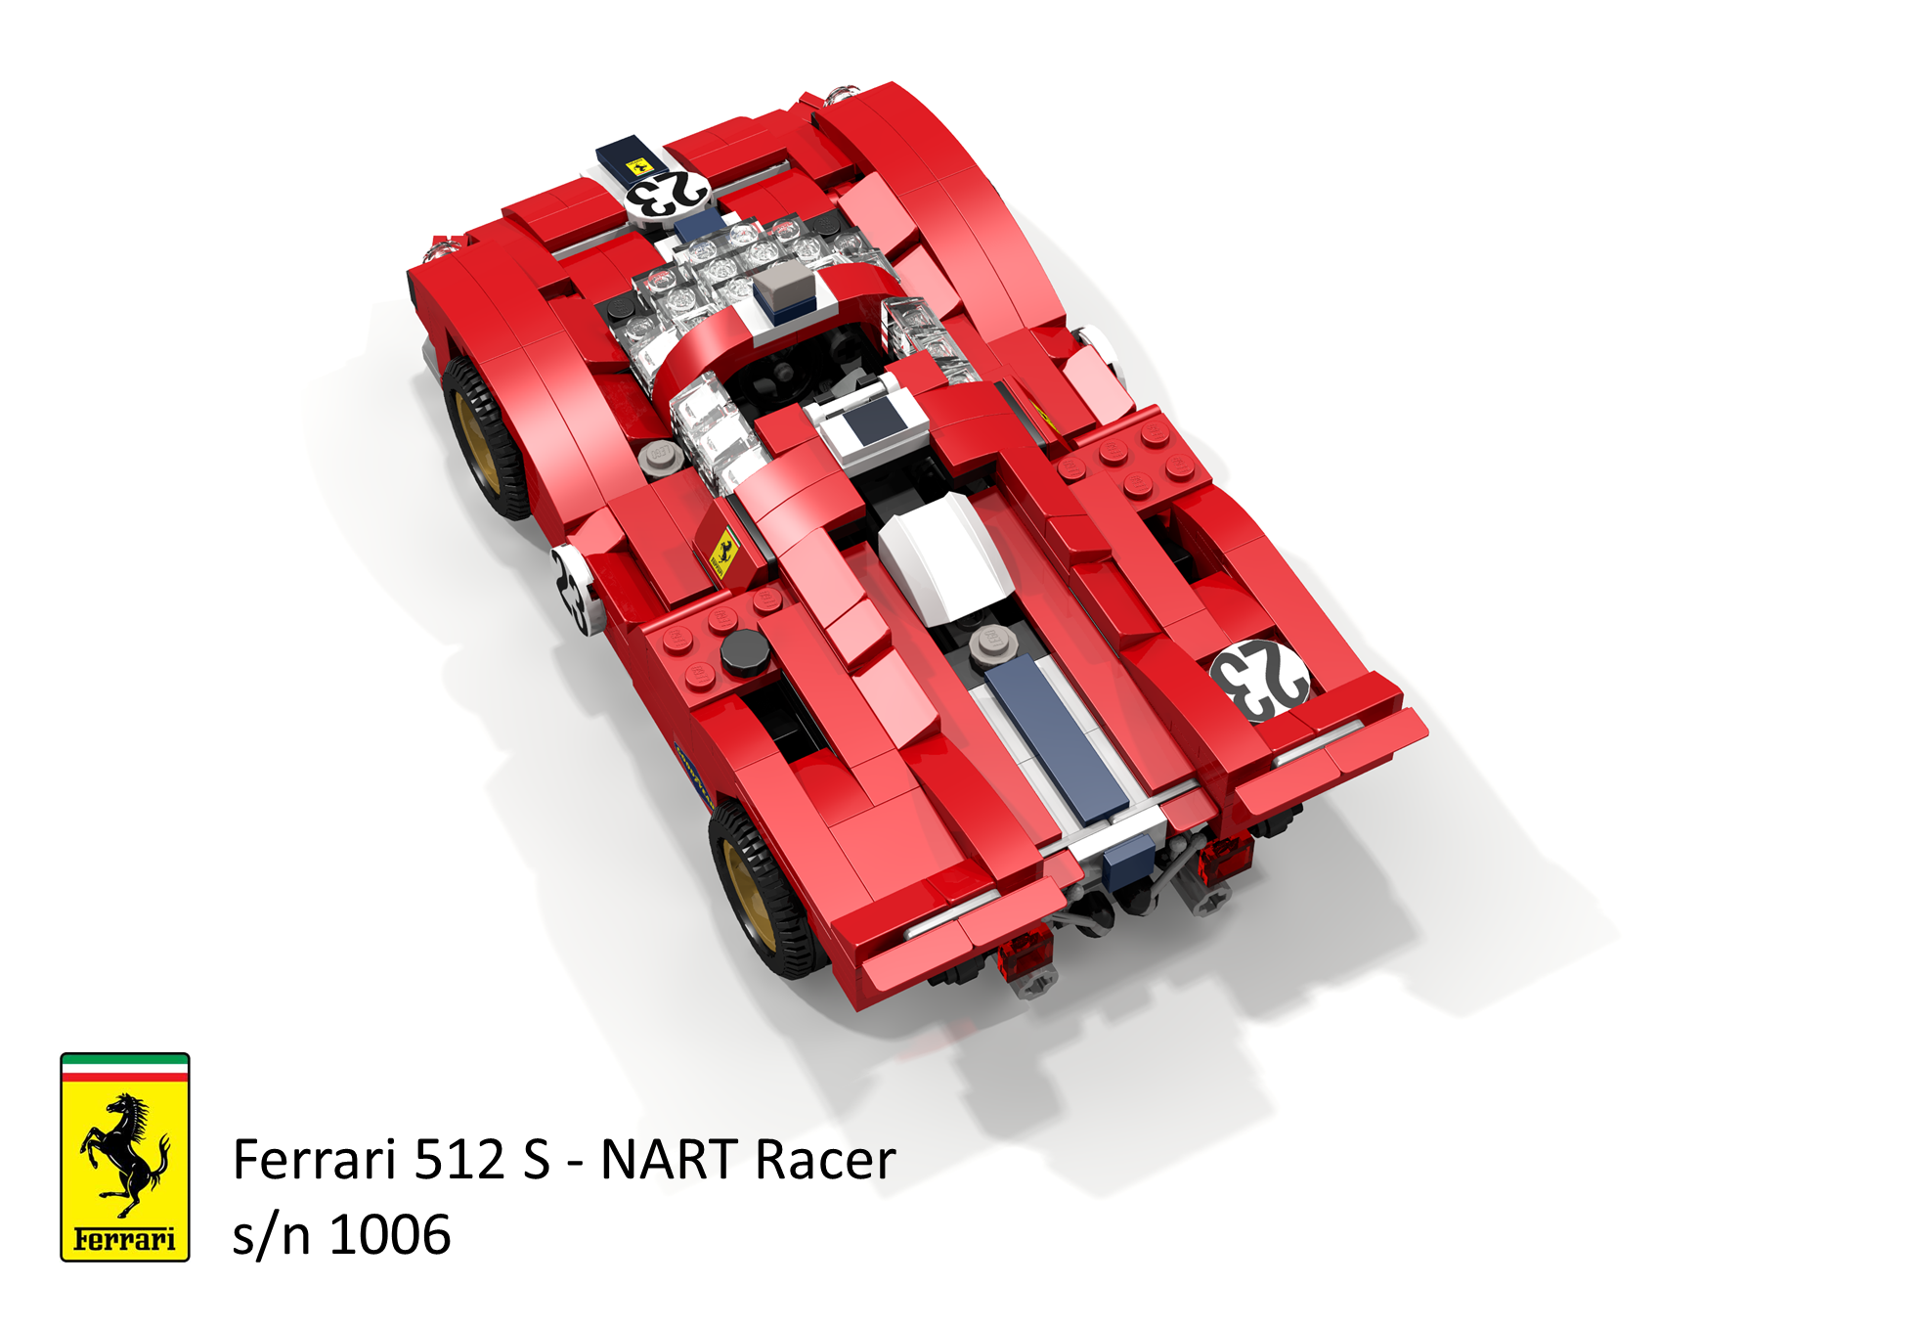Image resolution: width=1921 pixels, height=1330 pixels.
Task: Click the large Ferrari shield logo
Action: pyautogui.click(x=124, y=1156)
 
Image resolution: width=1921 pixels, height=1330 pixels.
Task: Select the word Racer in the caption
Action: pyautogui.click(x=825, y=1161)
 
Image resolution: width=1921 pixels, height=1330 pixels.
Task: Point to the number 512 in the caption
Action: pyautogui.click(x=458, y=1161)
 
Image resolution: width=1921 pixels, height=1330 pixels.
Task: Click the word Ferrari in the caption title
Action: pyautogui.click(x=315, y=1161)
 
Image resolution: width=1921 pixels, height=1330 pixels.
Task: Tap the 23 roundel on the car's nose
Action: pyautogui.click(x=667, y=194)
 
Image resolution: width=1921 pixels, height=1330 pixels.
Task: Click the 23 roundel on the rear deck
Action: pyautogui.click(x=1259, y=678)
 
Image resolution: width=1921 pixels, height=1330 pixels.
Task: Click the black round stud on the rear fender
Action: pyautogui.click(x=744, y=652)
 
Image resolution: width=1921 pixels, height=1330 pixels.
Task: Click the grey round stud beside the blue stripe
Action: pyautogui.click(x=991, y=643)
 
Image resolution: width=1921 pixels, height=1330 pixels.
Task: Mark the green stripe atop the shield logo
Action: pyautogui.click(x=124, y=1059)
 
